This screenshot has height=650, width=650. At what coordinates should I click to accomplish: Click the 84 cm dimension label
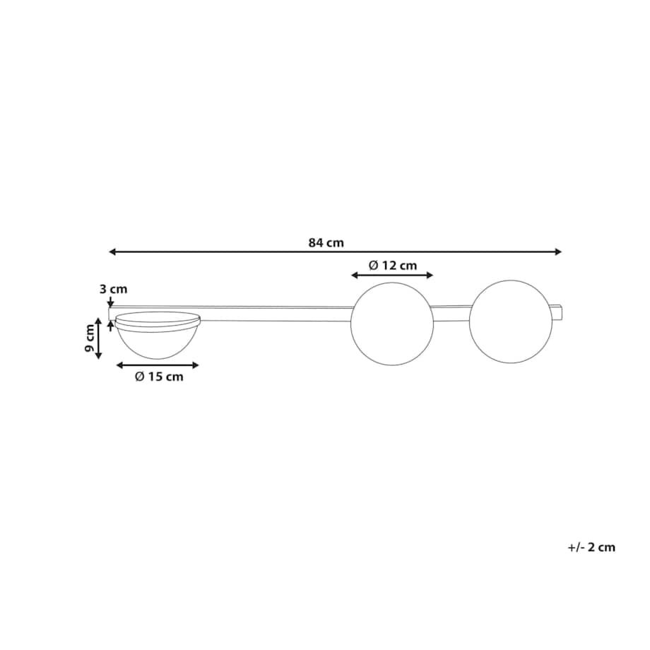coord(326,242)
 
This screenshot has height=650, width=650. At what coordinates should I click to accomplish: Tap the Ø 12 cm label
coord(393,265)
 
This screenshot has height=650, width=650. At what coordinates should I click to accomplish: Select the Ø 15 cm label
coord(159,377)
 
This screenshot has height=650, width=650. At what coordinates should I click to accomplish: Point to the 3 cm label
coord(113,289)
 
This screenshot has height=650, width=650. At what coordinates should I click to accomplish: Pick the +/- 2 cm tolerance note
coord(591,547)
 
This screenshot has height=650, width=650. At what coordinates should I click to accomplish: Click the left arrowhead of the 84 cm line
coord(112,252)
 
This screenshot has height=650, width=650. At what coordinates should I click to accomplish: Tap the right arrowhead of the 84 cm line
coord(558,252)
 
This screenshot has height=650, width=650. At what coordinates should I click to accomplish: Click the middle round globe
coord(392,324)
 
